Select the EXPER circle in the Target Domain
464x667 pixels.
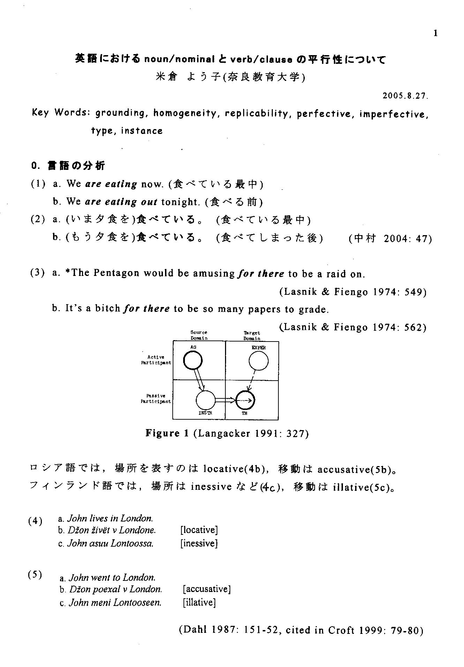tap(259, 361)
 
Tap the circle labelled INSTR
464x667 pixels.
tap(205, 400)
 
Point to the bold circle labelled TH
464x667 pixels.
tap(246, 400)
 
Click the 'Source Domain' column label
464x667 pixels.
tap(199, 335)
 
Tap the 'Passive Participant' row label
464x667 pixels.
tap(156, 398)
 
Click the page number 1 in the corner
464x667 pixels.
tap(435, 33)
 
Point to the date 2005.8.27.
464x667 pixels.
tap(405, 96)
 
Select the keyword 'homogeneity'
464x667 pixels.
tap(185, 113)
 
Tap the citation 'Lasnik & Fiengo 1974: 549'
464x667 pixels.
tap(353, 292)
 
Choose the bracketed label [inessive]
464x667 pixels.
tap(199, 544)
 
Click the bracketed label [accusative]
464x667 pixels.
tap(207, 589)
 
